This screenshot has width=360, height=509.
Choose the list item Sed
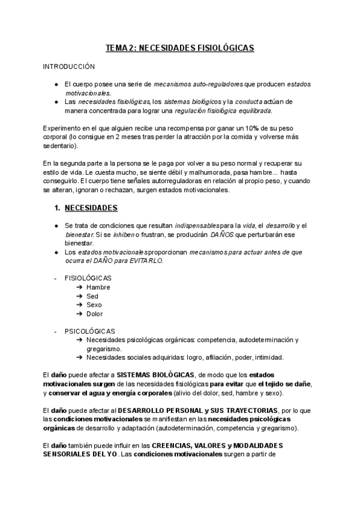click(x=92, y=296)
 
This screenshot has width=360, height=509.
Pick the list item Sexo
click(x=94, y=305)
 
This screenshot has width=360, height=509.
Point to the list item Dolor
click(x=95, y=313)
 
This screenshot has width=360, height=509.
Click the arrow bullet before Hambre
click(x=80, y=288)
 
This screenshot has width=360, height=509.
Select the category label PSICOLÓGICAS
click(x=90, y=331)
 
